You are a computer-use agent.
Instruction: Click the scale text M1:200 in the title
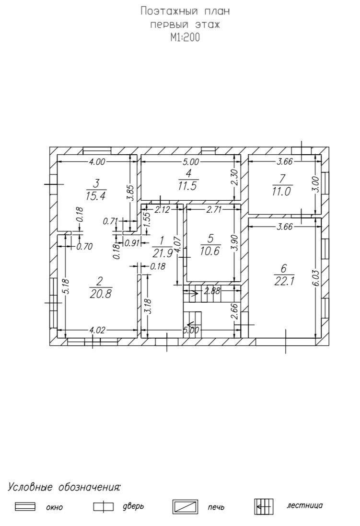(x=185, y=38)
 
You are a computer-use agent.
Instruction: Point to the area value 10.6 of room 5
(x=210, y=251)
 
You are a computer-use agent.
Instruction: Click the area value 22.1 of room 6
(x=284, y=281)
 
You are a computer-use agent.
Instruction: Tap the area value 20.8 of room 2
(x=100, y=294)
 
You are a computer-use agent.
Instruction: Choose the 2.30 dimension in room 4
(x=234, y=178)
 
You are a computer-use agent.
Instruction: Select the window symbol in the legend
(x=25, y=506)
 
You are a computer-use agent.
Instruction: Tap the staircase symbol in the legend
(x=263, y=506)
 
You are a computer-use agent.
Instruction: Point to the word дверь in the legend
(x=133, y=506)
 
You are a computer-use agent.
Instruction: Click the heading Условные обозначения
(x=64, y=488)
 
